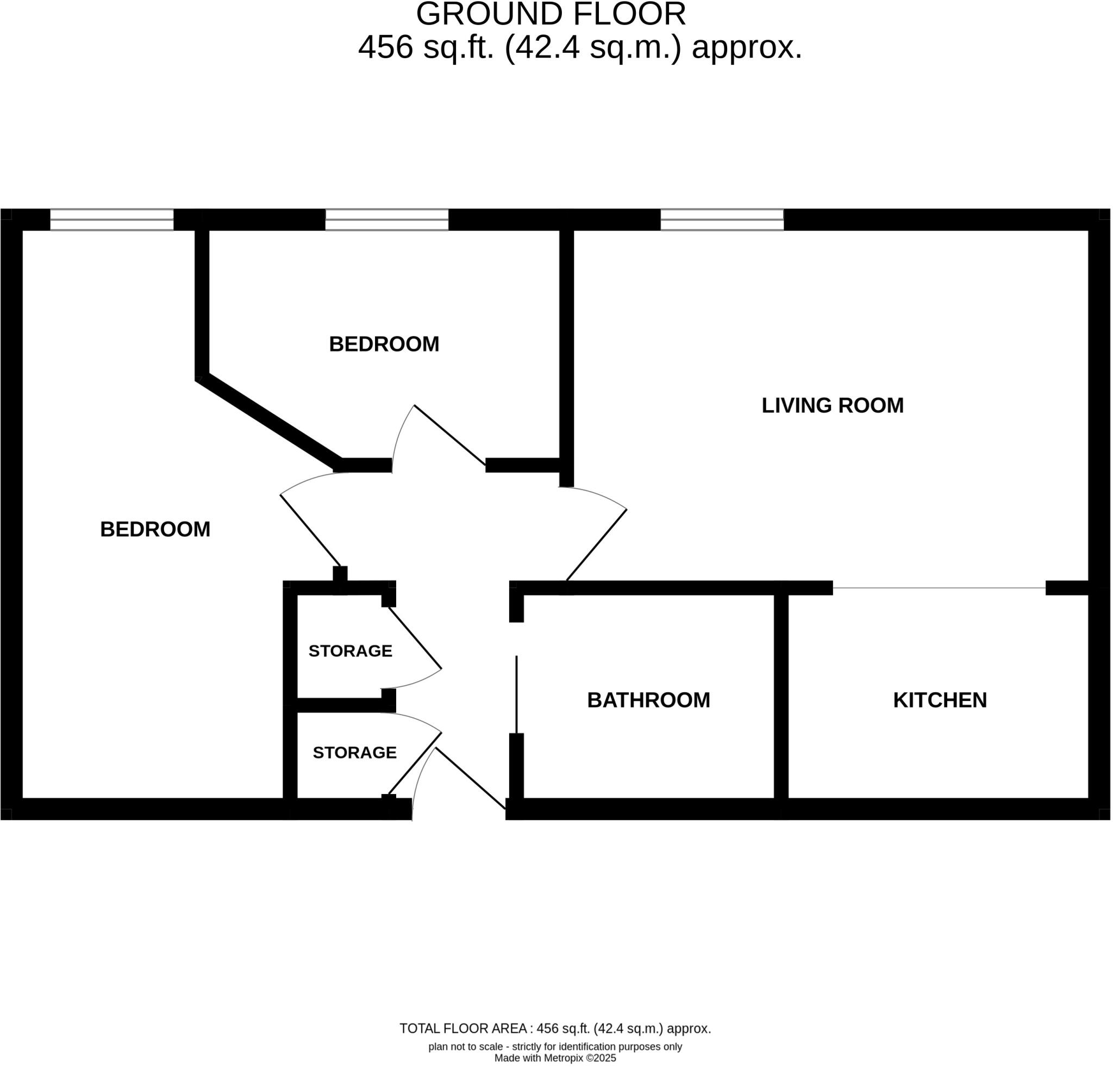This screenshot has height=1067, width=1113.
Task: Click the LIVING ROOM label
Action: [x=832, y=406]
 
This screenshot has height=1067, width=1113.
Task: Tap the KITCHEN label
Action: [x=940, y=700]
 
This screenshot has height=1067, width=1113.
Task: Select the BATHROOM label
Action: [x=648, y=700]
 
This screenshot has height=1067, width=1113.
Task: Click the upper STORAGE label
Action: [x=351, y=651]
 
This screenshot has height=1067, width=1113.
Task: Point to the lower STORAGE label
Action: [x=354, y=753]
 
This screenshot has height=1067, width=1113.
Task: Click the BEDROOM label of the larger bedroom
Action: [x=155, y=530]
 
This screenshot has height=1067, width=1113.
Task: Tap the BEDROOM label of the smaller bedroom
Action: [x=384, y=344]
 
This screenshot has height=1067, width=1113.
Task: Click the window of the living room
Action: [x=722, y=220]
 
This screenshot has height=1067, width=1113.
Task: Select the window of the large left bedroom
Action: [x=112, y=220]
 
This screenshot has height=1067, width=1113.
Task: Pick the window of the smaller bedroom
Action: [x=387, y=220]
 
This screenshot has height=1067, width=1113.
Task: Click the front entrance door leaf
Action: [x=470, y=778]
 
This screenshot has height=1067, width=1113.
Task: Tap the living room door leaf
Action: [x=596, y=545]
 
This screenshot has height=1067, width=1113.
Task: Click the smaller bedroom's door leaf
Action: [x=450, y=435]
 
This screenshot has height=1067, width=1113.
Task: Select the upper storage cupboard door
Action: [x=415, y=638]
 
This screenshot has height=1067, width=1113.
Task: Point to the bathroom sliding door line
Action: [x=516, y=694]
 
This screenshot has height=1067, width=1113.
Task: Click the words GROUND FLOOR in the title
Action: [x=551, y=14]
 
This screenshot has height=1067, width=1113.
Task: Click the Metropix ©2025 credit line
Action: [x=555, y=1058]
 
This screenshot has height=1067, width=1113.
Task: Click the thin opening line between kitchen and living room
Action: [x=939, y=588]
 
